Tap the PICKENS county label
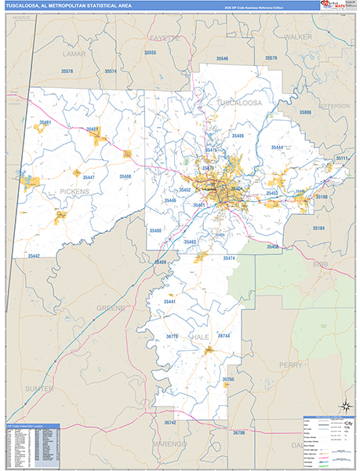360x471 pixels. pyautogui.click(x=69, y=190)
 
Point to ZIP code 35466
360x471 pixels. pyautogui.click(x=125, y=177)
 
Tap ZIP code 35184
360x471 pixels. pyautogui.click(x=319, y=228)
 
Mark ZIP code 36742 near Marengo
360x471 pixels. pyautogui.click(x=171, y=422)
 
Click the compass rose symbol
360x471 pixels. pyautogui.click(x=342, y=407)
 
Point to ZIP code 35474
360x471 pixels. pyautogui.click(x=228, y=257)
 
